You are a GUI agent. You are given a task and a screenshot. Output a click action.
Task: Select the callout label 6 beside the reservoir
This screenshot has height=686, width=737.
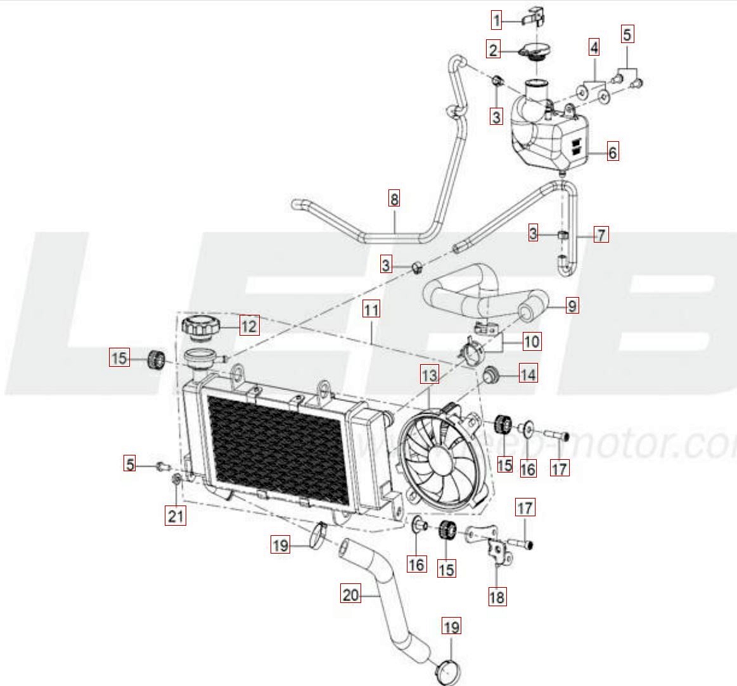click(x=612, y=153)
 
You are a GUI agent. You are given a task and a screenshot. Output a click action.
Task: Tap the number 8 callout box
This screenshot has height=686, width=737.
click(x=394, y=200)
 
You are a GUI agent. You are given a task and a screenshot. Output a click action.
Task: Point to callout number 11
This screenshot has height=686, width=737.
click(x=371, y=310)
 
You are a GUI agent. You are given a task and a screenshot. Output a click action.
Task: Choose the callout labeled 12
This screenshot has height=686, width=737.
click(x=248, y=326)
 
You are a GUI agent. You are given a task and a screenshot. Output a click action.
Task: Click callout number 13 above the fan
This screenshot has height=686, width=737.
click(x=429, y=376)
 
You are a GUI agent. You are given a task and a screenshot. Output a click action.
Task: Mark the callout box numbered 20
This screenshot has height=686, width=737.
click(x=350, y=595)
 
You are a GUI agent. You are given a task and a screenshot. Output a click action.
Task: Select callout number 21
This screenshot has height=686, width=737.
click(x=176, y=516)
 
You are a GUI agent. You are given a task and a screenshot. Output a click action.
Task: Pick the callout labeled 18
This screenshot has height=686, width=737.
click(x=497, y=596)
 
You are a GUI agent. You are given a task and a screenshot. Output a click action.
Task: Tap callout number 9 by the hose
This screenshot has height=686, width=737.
click(x=572, y=307)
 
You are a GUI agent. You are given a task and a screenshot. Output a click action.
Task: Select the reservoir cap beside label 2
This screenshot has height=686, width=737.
click(x=535, y=50)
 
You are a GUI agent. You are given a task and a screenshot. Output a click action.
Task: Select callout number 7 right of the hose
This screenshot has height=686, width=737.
click(x=600, y=235)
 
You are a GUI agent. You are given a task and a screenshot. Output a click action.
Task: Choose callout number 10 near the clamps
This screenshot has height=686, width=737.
click(x=532, y=342)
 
